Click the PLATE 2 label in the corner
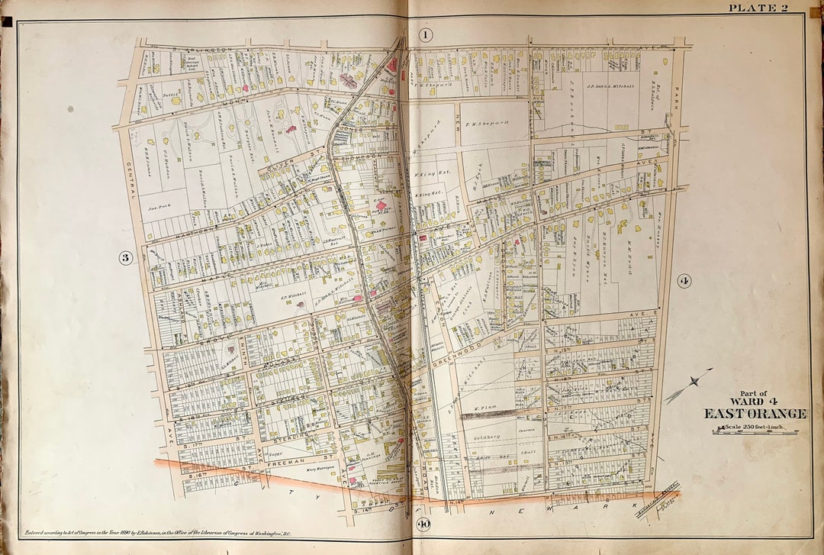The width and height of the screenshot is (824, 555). pyautogui.click(x=758, y=8)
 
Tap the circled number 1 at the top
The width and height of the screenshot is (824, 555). pyautogui.click(x=426, y=34)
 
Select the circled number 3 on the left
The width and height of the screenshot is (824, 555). pyautogui.click(x=126, y=257)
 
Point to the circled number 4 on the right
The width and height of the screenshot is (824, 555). pyautogui.click(x=684, y=281)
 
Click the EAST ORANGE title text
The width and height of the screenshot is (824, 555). pyautogui.click(x=755, y=414)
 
